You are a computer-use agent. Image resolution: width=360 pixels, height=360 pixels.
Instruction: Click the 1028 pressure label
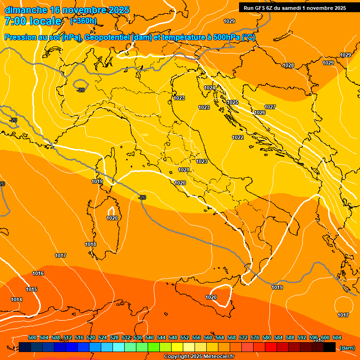pyautogui.click(x=288, y=65)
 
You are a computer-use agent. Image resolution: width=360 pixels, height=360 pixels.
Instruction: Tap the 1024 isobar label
pyautogui.click(x=210, y=88)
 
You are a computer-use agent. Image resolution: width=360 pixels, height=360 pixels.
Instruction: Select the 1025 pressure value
pyautogui.click(x=232, y=102)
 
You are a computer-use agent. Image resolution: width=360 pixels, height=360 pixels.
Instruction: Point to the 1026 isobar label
pyautogui.click(x=260, y=112)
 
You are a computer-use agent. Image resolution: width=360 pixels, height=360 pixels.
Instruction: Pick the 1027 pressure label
pyautogui.click(x=270, y=107)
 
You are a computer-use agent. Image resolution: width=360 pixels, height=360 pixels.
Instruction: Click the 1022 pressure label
pyautogui.click(x=238, y=137)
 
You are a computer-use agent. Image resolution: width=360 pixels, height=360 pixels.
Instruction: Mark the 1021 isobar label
pyautogui.click(x=183, y=170)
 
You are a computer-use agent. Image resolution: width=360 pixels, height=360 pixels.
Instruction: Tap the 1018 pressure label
pyautogui.click(x=90, y=244)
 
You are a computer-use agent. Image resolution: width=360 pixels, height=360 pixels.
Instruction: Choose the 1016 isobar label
pyautogui.click(x=38, y=273)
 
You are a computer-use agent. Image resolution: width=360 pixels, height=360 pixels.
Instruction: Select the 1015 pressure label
pyautogui.click(x=31, y=289)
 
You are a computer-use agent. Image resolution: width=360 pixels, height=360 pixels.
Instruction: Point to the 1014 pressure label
pyautogui.click(x=16, y=300)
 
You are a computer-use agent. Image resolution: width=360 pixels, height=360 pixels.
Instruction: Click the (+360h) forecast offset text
pyautogui.click(x=83, y=21)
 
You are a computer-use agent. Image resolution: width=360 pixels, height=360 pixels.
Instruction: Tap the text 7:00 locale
pyautogui.click(x=33, y=21)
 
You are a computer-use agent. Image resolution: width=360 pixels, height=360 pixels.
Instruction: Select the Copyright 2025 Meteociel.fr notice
pyautogui.click(x=199, y=356)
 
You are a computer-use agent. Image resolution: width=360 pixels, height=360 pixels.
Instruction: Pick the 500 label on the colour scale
pyautogui.click(x=32, y=337)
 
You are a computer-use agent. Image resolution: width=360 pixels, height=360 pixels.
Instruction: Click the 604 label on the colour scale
pyautogui.click(x=337, y=337)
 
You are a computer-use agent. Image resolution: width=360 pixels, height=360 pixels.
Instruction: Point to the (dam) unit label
pyautogui.click(x=347, y=348)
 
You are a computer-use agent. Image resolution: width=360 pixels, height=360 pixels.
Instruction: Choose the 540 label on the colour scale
pyautogui.click(x=150, y=337)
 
